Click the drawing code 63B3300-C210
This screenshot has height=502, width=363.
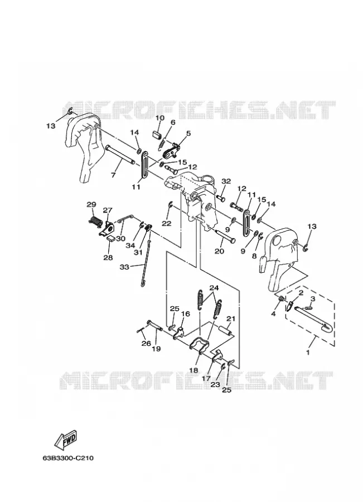(68, 458)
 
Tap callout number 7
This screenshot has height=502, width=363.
(113, 176)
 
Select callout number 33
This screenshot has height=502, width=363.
(124, 267)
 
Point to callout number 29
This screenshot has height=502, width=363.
(91, 204)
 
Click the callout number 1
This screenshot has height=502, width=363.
(308, 353)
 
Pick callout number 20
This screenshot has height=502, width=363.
(219, 252)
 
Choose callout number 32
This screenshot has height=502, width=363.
(226, 181)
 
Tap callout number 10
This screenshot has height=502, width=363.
(159, 118)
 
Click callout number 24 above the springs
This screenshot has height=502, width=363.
(214, 288)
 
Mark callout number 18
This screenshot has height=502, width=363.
(193, 370)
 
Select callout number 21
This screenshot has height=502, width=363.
(231, 318)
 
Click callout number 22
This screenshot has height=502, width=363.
(167, 224)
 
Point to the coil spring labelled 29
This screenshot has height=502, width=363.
(95, 221)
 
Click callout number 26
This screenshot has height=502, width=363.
(146, 344)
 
